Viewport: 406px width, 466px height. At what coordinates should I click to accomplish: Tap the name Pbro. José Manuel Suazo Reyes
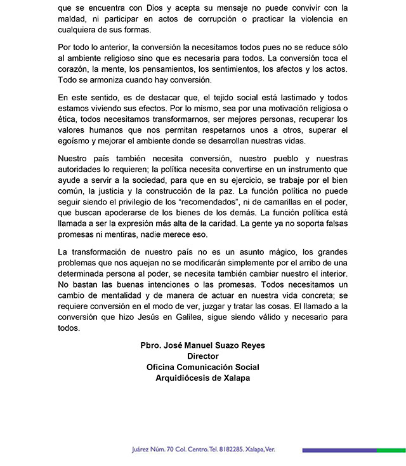click(x=202, y=345)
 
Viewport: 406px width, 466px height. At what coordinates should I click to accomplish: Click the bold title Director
click(x=202, y=356)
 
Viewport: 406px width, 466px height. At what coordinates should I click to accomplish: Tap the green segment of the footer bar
click(x=391, y=449)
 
